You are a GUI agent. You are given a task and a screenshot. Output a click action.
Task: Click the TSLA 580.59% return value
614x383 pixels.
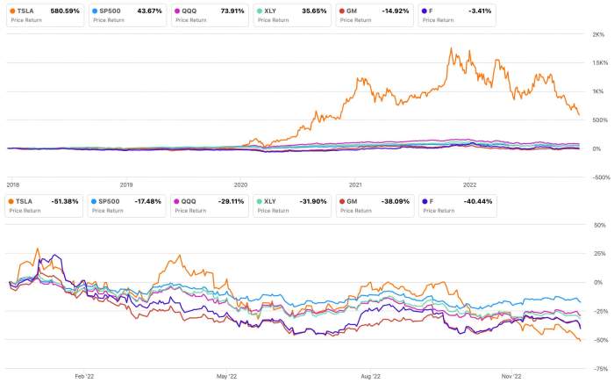point(64,11)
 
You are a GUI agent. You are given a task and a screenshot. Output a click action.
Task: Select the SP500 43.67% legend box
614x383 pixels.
point(124,14)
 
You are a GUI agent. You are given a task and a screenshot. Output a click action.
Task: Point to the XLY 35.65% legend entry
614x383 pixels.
point(292,14)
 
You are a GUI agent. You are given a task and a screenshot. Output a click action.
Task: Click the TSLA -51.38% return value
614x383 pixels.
point(64,201)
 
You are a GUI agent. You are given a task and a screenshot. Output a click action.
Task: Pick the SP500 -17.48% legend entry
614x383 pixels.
point(124,205)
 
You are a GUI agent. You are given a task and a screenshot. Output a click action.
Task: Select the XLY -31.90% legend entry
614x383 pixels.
point(292,205)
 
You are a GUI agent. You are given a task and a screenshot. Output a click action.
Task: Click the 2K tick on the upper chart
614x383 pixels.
point(599,34)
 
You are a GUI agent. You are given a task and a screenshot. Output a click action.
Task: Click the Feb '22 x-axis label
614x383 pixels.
point(84,375)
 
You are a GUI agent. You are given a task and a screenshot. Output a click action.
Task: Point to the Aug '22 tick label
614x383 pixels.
point(370,375)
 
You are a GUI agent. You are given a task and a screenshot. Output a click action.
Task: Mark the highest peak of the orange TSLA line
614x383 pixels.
point(451,48)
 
